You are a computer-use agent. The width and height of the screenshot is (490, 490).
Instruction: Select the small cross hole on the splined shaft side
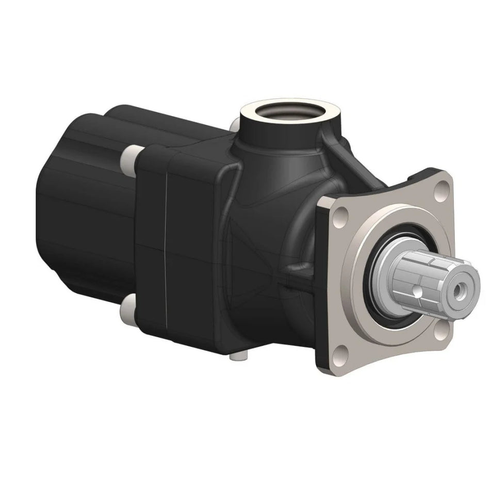416,293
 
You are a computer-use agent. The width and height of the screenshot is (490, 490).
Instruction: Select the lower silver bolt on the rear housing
126,309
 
